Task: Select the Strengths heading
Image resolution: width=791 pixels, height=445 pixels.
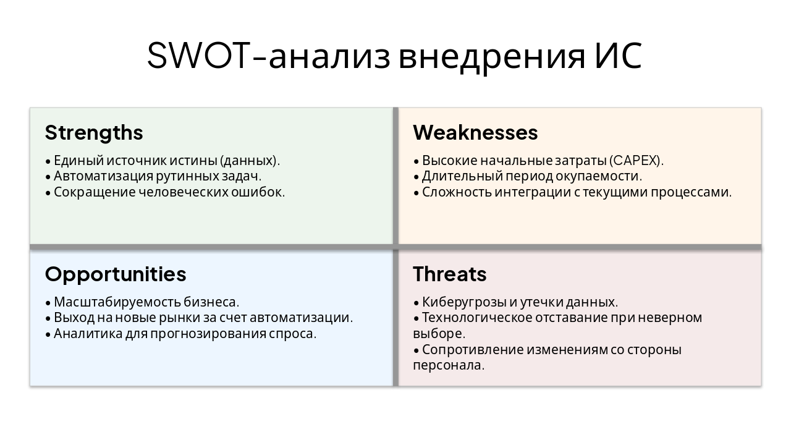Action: tap(94, 133)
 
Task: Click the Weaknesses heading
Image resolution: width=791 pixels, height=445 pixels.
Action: tap(475, 133)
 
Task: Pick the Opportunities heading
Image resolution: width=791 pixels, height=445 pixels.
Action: tap(116, 274)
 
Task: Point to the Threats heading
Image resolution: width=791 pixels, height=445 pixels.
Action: tap(450, 274)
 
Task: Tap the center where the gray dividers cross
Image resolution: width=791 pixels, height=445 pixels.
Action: tap(395, 247)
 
